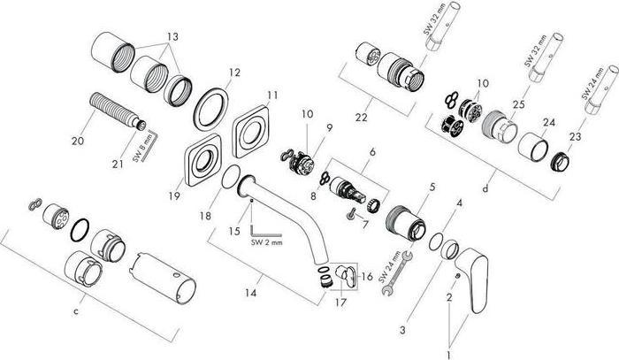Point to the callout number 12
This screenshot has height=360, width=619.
tap(233, 73)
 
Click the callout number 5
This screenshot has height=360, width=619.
tap(432, 187)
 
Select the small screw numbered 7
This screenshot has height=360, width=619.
tap(353, 211)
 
